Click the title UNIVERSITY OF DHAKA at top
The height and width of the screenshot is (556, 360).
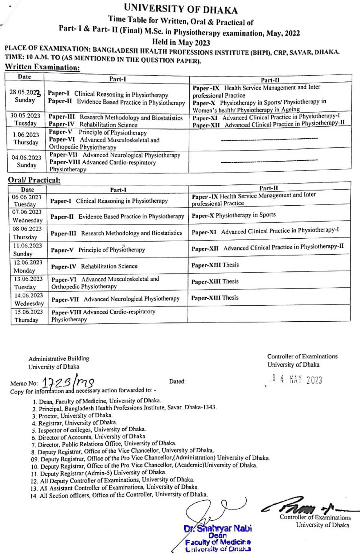pyautogui.click(x=181, y=9)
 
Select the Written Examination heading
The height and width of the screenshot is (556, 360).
pyautogui.click(x=42, y=67)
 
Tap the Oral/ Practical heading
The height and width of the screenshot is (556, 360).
pyautogui.click(x=34, y=180)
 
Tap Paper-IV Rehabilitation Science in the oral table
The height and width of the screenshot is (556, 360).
pyautogui.click(x=94, y=266)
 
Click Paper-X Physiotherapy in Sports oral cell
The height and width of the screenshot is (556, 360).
pyautogui.click(x=233, y=215)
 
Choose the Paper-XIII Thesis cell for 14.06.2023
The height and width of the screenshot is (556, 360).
pyautogui.click(x=215, y=298)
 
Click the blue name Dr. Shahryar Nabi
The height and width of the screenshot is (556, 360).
pyautogui.click(x=218, y=528)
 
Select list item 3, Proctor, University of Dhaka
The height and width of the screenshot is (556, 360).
pyautogui.click(x=72, y=415)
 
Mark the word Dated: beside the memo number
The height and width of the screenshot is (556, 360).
pyautogui.click(x=177, y=381)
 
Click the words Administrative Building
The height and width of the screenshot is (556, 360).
pyautogui.click(x=59, y=358)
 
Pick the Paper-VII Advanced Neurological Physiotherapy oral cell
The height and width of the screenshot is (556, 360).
pyautogui.click(x=115, y=299)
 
